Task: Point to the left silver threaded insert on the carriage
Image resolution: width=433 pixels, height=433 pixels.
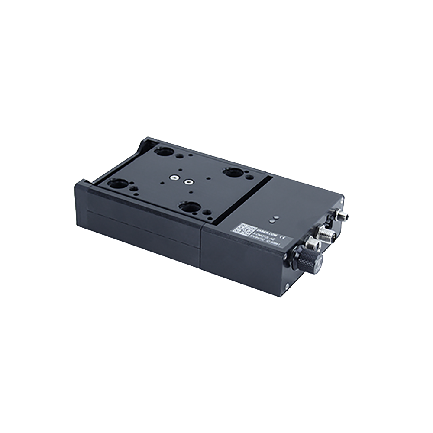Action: point(173,178)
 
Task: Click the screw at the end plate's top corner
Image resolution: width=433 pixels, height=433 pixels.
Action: point(342,199)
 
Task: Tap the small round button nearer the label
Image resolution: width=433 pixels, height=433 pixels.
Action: point(271,221)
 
